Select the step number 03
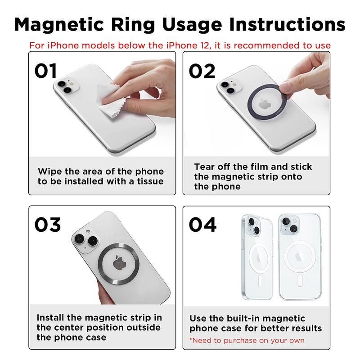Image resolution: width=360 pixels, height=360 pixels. [x=48, y=225]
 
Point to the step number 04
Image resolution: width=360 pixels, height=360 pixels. [x=202, y=225]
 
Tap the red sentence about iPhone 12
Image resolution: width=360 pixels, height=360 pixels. [x=180, y=45]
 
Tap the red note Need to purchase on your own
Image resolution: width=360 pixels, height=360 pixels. [x=247, y=340]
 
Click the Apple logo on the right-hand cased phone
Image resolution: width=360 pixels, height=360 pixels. [x=299, y=257]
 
